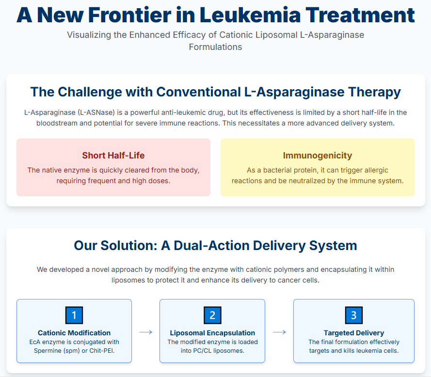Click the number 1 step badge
74,315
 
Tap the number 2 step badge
212,315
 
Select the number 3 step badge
353,315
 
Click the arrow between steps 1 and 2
146,332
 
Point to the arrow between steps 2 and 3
279,332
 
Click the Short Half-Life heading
113,156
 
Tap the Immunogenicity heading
318,156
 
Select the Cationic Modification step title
74,333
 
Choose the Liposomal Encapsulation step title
212,333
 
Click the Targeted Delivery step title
354,333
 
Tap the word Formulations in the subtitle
216,47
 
